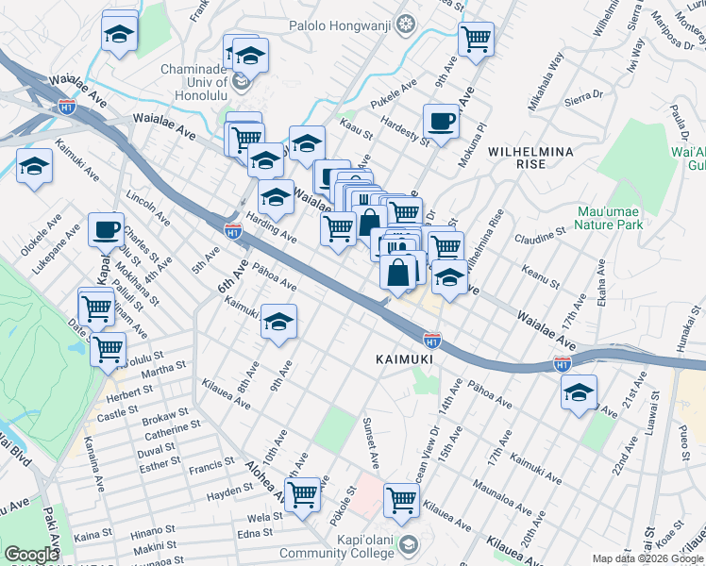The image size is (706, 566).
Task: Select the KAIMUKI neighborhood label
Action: [403, 359]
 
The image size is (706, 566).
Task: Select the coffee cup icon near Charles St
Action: [107, 228]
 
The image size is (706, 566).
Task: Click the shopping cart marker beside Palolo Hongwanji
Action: [477, 40]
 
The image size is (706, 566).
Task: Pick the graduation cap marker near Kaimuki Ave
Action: [278, 322]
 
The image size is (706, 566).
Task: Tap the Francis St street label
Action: [210, 464]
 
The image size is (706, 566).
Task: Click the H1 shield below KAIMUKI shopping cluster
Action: [431, 337]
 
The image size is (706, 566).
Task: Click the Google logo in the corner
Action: [32, 555]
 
